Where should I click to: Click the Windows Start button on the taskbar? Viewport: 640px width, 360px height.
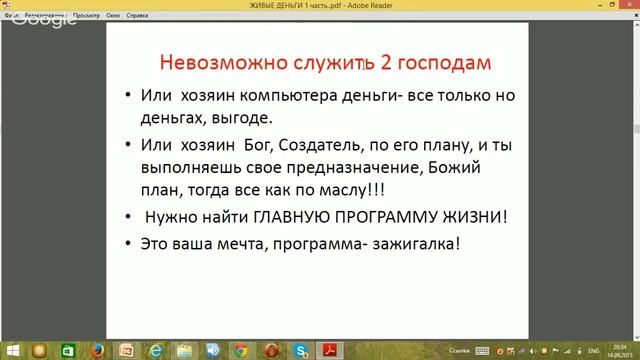point(9,351)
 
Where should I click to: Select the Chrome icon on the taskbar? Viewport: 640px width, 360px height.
point(243,351)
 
